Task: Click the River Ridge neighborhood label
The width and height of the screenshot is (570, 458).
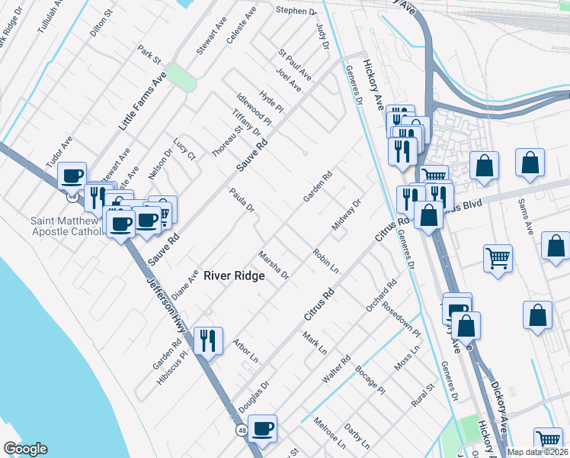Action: pos(234,276)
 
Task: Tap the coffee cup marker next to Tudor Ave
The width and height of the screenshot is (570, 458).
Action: pos(72,176)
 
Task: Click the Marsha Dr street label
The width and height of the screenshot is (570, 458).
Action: pos(274,264)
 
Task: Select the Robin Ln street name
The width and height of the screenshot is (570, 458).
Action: pos(325,260)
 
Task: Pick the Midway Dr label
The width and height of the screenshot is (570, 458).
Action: pos(345,214)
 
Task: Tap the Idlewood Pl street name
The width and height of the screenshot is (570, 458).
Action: pos(254,109)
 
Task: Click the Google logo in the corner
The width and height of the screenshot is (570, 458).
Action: pos(25,450)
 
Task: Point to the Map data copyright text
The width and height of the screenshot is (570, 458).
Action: pos(538,452)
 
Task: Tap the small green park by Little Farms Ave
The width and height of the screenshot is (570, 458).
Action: pos(181,77)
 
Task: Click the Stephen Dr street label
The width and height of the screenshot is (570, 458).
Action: pos(296,11)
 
